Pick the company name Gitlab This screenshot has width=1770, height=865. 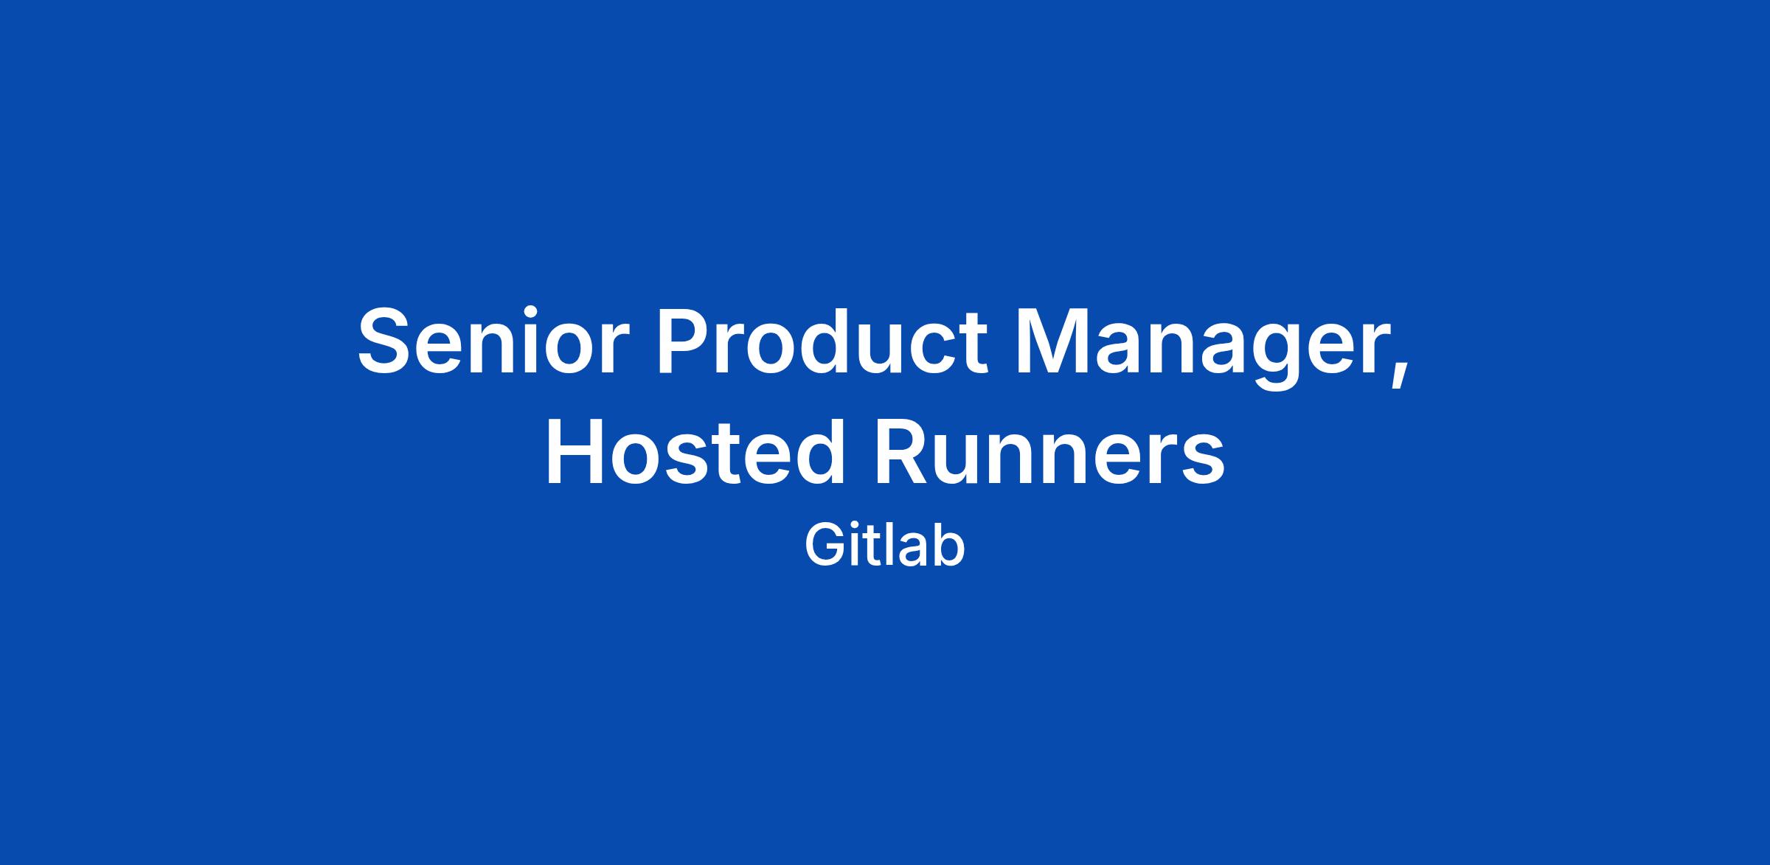coord(884,546)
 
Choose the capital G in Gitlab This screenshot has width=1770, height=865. coord(825,546)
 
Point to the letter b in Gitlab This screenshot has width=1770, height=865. coord(946,546)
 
